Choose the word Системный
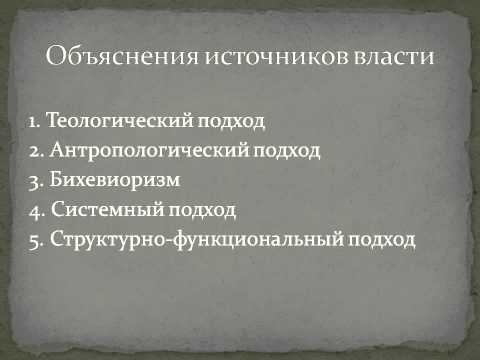[98, 211]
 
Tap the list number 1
[33, 122]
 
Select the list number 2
[34, 152]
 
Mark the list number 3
[34, 181]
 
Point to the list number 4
[34, 211]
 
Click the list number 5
[34, 241]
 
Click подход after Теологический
[236, 123]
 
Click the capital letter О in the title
[56, 57]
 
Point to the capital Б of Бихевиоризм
[53, 181]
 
